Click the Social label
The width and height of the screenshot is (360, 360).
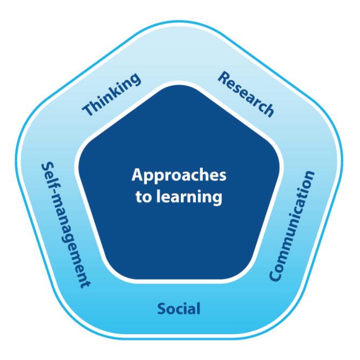pyautogui.click(x=179, y=309)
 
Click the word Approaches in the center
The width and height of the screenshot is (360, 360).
pyautogui.click(x=179, y=176)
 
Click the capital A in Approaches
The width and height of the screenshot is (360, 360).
pyautogui.click(x=137, y=175)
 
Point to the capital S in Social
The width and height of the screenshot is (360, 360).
pyautogui.click(x=161, y=309)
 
